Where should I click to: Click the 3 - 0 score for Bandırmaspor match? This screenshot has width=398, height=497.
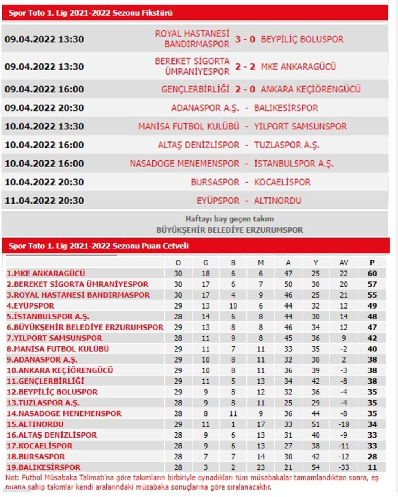point(245,39)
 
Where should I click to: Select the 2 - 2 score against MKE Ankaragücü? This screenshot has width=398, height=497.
point(245,67)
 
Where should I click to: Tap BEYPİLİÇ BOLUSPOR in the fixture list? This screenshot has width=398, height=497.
point(302,39)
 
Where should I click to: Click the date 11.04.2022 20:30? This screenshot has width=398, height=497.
point(44,201)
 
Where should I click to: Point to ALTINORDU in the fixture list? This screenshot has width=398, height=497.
point(278,201)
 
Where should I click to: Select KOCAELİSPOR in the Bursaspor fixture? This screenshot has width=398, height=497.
point(282,182)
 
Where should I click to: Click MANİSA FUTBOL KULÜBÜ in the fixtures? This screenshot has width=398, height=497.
point(189,126)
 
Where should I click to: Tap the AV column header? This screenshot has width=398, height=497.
point(344,263)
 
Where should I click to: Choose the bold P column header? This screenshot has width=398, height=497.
point(372,263)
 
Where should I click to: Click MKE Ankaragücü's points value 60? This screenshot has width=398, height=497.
point(372,274)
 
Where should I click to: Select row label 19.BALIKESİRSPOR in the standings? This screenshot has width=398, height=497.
point(44,467)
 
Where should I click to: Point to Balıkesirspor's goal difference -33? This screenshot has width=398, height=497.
point(344,467)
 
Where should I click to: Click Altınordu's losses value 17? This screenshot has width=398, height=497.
point(260,424)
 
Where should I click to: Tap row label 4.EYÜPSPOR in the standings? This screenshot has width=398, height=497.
point(30,306)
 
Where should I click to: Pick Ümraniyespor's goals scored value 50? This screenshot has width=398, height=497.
point(288,284)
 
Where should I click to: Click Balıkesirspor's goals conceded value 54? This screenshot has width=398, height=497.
point(316,467)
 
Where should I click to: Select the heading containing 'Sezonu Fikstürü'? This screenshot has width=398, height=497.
point(90,13)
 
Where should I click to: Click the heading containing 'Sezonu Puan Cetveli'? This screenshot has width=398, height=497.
point(98,246)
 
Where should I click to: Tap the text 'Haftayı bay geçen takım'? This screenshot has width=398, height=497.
point(229,219)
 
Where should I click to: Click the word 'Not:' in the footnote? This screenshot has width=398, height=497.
point(12,478)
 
